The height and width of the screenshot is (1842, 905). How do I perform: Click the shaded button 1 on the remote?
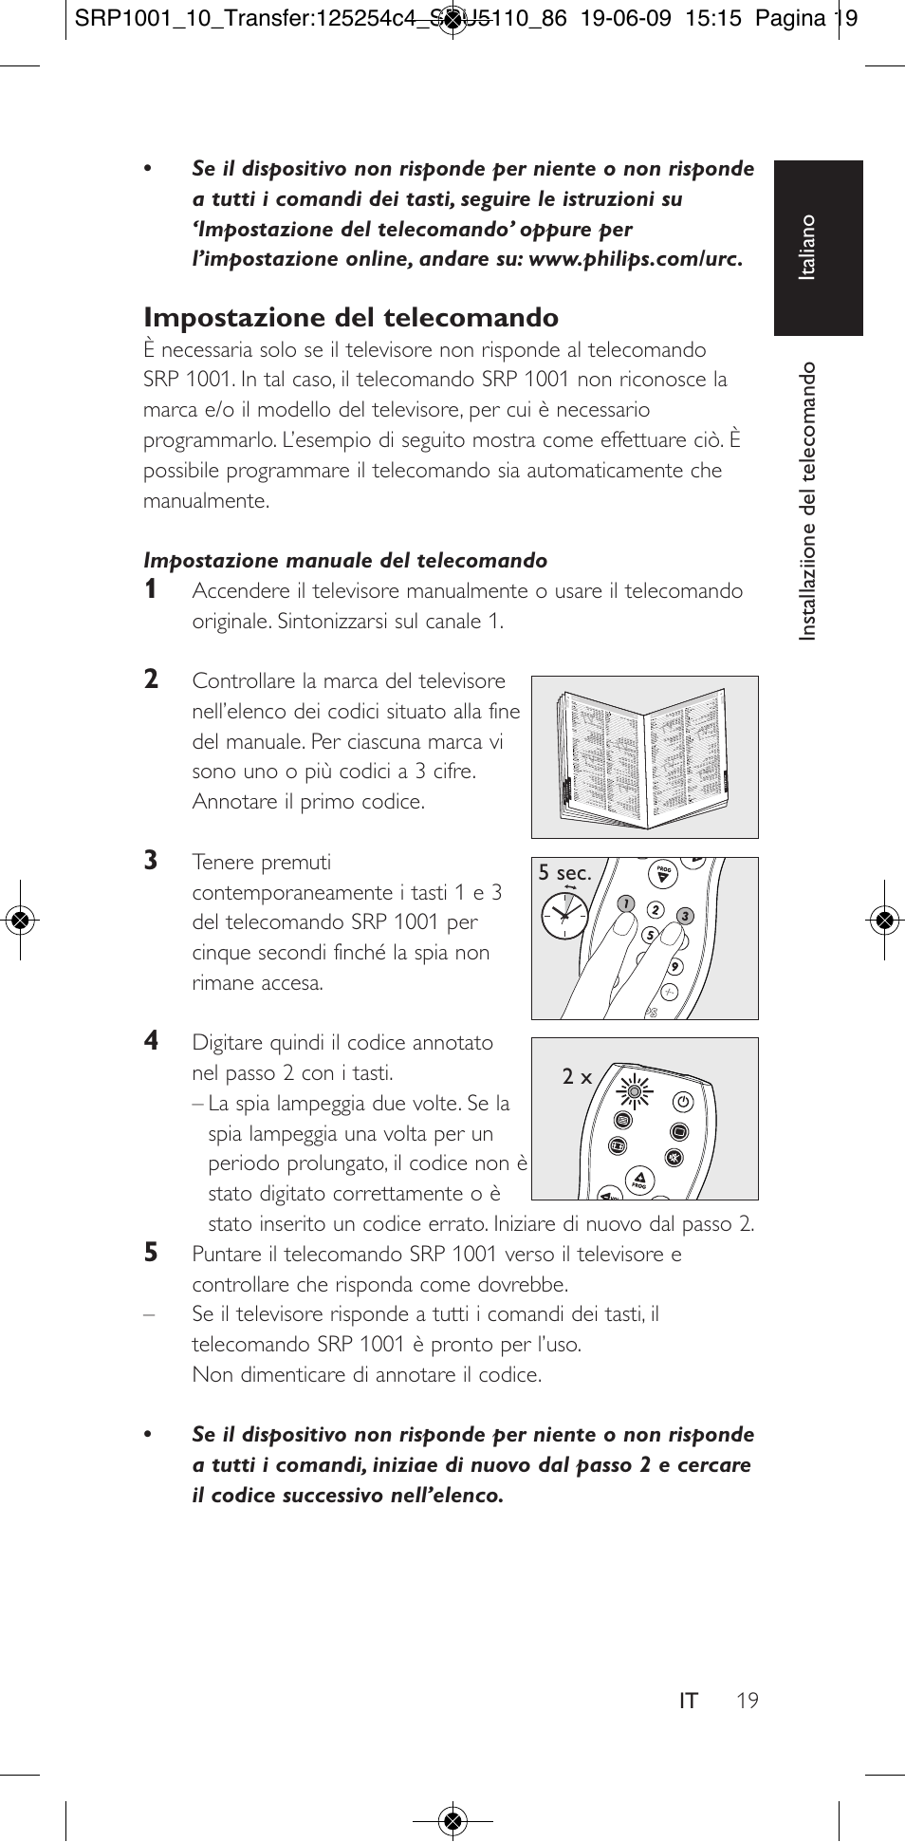pyautogui.click(x=625, y=903)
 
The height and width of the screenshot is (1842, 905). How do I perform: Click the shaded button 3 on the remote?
pyautogui.click(x=685, y=916)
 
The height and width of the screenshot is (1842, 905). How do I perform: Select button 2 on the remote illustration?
pyautogui.click(x=655, y=910)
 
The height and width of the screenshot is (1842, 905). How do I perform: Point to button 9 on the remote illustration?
pyautogui.click(x=674, y=967)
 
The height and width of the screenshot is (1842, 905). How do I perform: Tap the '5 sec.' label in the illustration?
pyautogui.click(x=564, y=873)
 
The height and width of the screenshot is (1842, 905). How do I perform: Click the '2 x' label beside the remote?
pyautogui.click(x=576, y=1077)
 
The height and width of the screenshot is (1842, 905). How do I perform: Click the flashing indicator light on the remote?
pyautogui.click(x=635, y=1092)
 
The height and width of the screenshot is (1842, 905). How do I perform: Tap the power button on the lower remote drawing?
pyautogui.click(x=683, y=1102)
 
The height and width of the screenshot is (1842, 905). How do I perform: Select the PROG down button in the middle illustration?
pyautogui.click(x=664, y=875)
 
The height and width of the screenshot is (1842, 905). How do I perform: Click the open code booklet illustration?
pyautogui.click(x=645, y=756)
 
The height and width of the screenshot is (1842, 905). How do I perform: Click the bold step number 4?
pyautogui.click(x=151, y=1041)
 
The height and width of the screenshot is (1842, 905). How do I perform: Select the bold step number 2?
pyautogui.click(x=151, y=679)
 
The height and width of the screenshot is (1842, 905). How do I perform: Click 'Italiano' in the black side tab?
pyautogui.click(x=807, y=247)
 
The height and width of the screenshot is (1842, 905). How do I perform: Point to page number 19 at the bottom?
pyautogui.click(x=748, y=1701)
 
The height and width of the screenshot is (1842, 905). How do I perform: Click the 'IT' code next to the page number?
pyautogui.click(x=688, y=1701)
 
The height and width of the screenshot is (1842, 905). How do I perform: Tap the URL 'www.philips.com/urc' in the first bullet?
pyautogui.click(x=634, y=259)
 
